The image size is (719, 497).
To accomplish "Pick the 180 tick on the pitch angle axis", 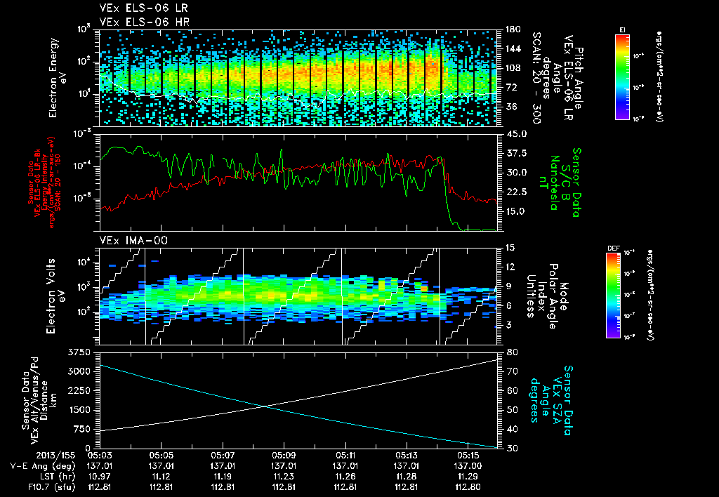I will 513,29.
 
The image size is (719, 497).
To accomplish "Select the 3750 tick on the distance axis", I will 81,352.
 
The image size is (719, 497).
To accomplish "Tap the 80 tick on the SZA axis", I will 511,352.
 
